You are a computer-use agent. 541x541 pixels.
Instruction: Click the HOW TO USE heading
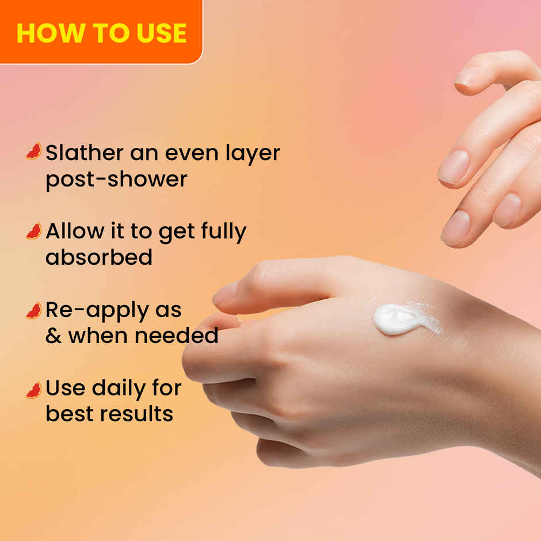[x=101, y=33]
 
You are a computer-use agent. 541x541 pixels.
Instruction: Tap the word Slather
[x=84, y=153]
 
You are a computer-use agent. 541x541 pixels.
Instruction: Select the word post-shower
[x=116, y=180]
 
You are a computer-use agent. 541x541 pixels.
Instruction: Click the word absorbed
[x=99, y=257]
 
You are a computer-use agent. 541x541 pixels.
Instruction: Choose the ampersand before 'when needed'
[x=54, y=336]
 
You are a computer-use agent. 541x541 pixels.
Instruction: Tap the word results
[x=140, y=414]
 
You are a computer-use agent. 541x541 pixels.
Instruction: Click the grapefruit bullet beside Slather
[x=34, y=151]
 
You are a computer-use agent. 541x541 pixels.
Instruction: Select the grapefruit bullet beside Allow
[x=34, y=231]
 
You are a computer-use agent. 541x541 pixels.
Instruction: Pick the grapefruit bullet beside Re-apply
[x=34, y=310]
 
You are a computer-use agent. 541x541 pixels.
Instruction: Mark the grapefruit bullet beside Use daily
[x=34, y=390]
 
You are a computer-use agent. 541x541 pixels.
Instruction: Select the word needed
[x=183, y=336]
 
